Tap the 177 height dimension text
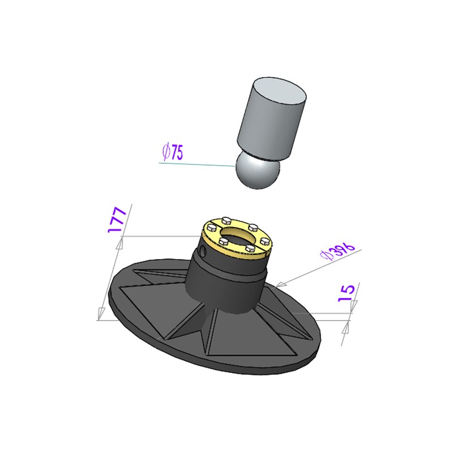pos(117,220)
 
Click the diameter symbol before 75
pos(166,152)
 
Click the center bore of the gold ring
pos(238,235)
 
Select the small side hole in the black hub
pos(204,251)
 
